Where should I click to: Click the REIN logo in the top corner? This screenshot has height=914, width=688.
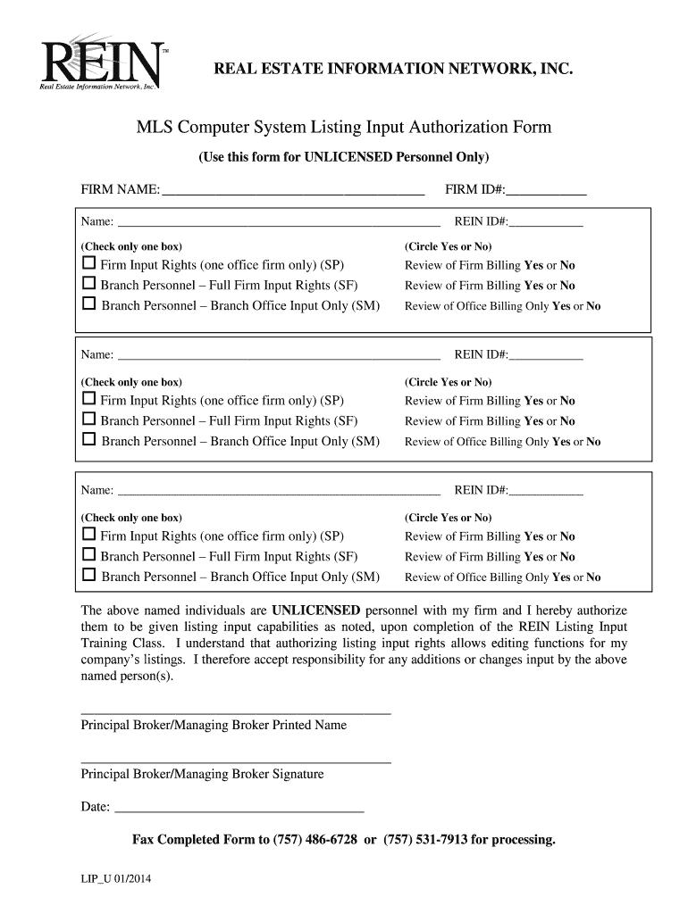(100, 63)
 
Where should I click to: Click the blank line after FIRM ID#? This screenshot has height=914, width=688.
(547, 191)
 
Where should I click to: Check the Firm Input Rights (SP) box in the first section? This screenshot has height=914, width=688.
(88, 264)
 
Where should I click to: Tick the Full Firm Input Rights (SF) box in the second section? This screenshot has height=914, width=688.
(88, 420)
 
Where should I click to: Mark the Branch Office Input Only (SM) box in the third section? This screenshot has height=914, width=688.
(88, 577)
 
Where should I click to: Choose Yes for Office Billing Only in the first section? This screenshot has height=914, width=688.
(561, 306)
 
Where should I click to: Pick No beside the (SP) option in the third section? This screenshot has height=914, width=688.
(567, 536)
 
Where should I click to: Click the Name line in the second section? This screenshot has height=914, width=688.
(279, 356)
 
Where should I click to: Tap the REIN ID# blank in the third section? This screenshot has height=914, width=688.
(546, 492)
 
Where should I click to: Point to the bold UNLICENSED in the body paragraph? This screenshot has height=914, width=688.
(315, 611)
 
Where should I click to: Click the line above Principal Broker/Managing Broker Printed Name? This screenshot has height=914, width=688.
(236, 713)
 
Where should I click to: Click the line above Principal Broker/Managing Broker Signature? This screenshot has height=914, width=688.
(236, 762)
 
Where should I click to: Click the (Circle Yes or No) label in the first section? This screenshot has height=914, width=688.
(448, 245)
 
